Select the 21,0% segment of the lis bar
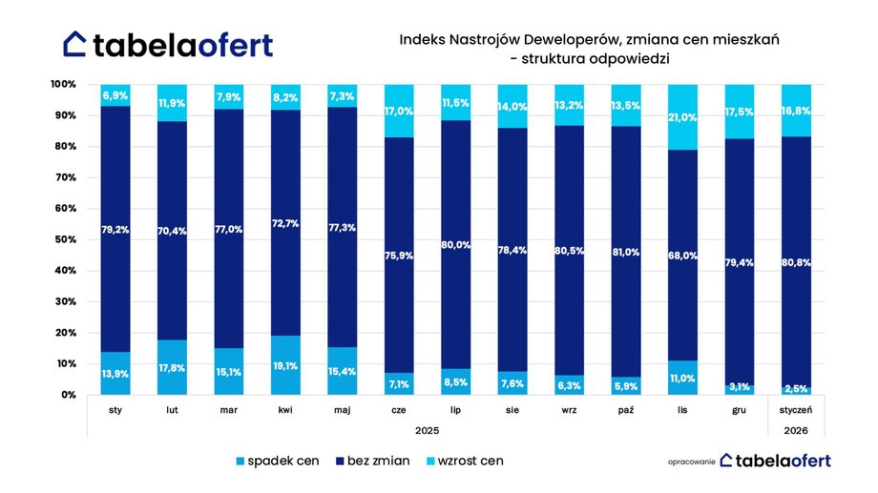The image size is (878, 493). coord(682,117)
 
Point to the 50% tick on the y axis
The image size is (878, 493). coord(64,239)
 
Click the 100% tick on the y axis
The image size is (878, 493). coord(62,85)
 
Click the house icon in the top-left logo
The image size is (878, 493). coord(76,44)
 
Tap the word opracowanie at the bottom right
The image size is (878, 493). coord(690,462)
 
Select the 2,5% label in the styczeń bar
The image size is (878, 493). coord(797,388)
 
